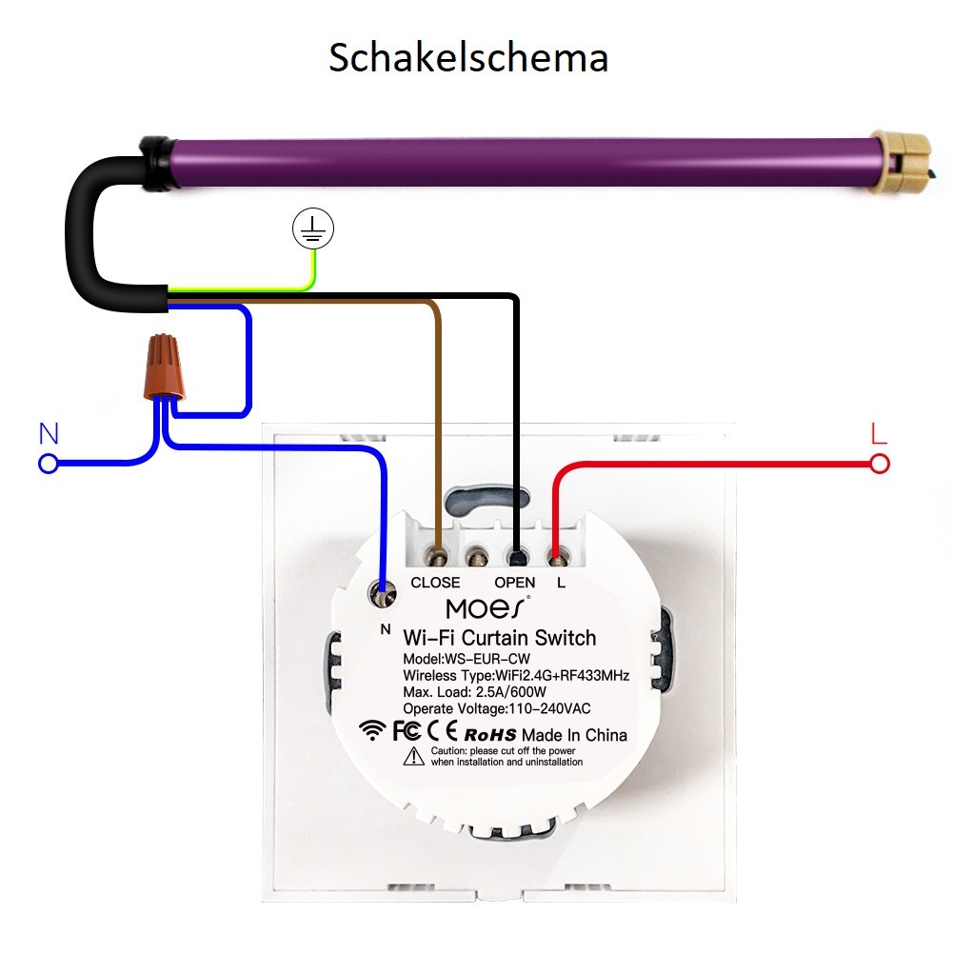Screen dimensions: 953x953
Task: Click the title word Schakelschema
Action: pyautogui.click(x=468, y=58)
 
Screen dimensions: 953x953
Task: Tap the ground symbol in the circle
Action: pyautogui.click(x=313, y=228)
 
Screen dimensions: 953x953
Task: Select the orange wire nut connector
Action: pyautogui.click(x=164, y=367)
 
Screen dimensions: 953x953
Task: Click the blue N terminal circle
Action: pyautogui.click(x=48, y=465)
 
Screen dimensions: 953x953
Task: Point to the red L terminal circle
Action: pyautogui.click(x=880, y=465)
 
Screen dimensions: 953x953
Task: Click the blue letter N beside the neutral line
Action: pyautogui.click(x=49, y=434)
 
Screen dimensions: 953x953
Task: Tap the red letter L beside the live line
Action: pyautogui.click(x=879, y=433)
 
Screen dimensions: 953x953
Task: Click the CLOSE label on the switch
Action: pyautogui.click(x=435, y=583)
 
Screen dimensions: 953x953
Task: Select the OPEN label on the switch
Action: pyautogui.click(x=515, y=583)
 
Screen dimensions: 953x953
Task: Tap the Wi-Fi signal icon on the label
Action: pyautogui.click(x=372, y=730)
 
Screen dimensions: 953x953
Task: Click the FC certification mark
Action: pyautogui.click(x=407, y=730)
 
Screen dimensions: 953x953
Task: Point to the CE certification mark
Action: pyautogui.click(x=442, y=730)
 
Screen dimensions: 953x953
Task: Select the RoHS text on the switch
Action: pyautogui.click(x=490, y=735)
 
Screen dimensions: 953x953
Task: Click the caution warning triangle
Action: pyautogui.click(x=414, y=756)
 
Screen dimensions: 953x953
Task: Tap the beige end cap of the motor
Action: pyautogui.click(x=901, y=162)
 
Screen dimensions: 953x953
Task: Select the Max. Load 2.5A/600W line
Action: pyautogui.click(x=475, y=691)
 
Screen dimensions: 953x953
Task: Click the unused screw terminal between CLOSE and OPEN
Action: pyautogui.click(x=476, y=555)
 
